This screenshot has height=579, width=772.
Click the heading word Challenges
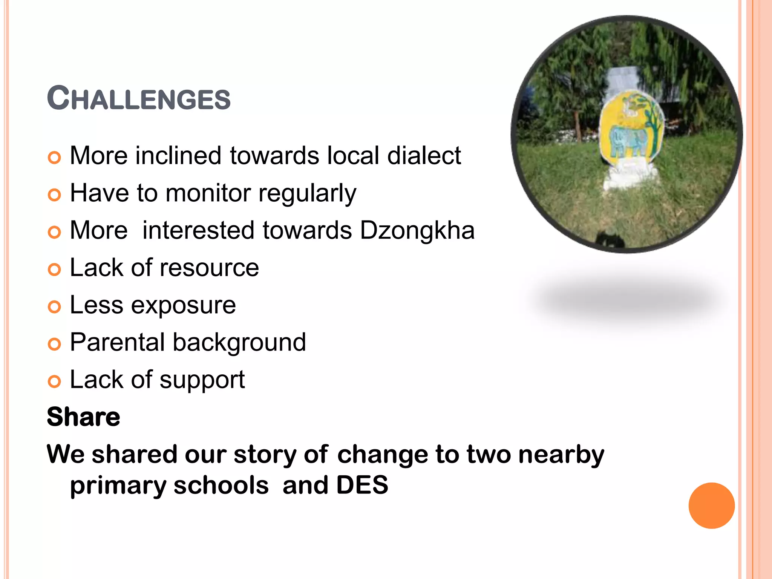(x=138, y=99)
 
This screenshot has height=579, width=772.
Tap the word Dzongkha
(x=417, y=231)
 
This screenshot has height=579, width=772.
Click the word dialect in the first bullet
(x=424, y=156)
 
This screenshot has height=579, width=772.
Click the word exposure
(x=183, y=305)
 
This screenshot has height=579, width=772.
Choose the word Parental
(x=117, y=343)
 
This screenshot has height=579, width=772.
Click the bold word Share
(x=83, y=417)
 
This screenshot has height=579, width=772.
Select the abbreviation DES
(x=362, y=485)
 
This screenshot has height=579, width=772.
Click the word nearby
(x=561, y=455)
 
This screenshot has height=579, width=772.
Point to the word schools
(x=221, y=485)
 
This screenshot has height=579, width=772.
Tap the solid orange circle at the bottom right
(x=711, y=505)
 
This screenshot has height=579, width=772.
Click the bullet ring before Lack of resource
(x=55, y=270)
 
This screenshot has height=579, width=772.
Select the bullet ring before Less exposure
(x=55, y=307)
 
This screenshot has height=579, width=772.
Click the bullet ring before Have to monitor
(x=55, y=195)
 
